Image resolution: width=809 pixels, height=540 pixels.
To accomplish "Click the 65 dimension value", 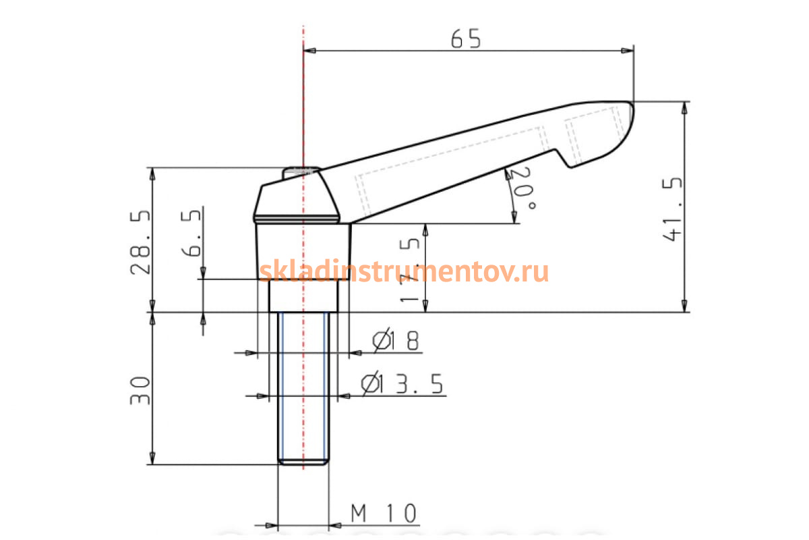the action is click(x=466, y=38).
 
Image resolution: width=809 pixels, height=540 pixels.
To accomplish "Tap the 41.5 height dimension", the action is click(x=672, y=209).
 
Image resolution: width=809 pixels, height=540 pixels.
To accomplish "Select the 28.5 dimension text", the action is click(x=140, y=242).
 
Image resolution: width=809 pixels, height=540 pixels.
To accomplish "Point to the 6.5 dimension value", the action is click(x=191, y=234).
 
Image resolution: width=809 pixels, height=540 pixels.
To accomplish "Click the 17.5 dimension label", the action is click(x=410, y=270).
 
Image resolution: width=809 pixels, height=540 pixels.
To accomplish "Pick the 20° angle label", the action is click(x=523, y=188).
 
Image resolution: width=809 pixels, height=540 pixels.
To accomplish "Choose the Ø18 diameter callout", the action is click(x=396, y=340).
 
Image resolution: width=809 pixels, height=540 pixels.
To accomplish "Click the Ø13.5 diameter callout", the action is click(x=402, y=383).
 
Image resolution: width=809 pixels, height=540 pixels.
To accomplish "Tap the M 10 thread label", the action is click(x=384, y=513).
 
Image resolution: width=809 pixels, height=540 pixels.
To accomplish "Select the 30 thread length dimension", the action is click(x=140, y=390).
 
